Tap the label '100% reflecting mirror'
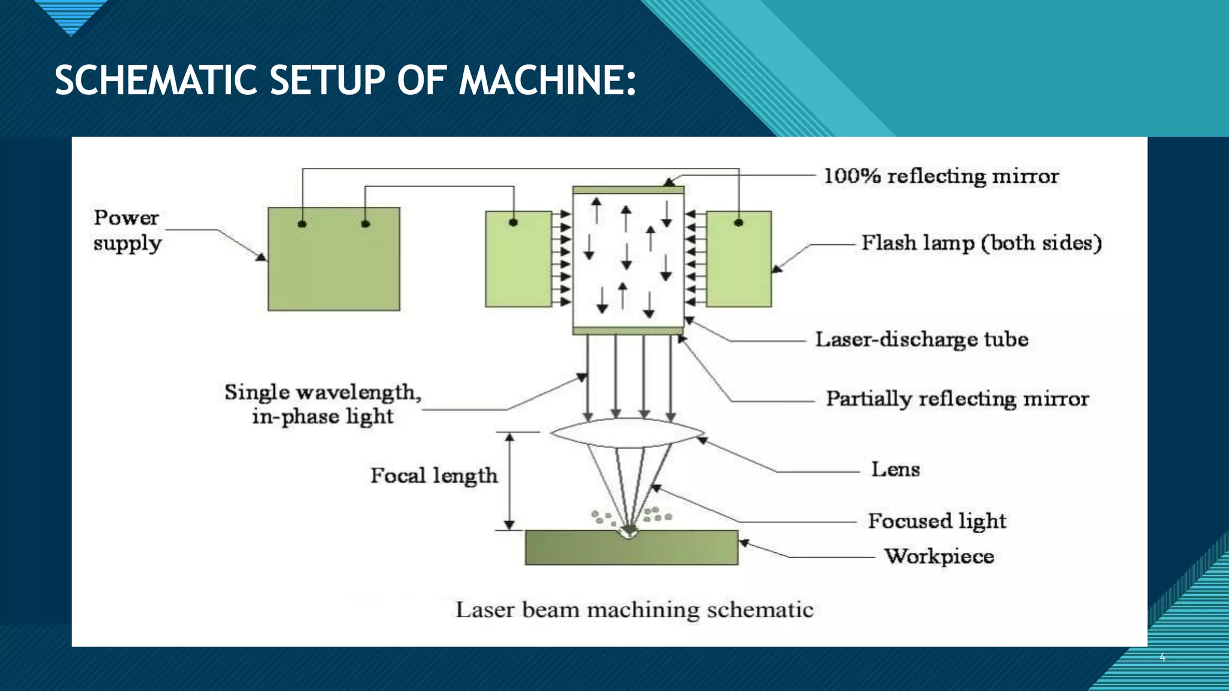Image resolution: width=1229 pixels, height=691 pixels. click(940, 176)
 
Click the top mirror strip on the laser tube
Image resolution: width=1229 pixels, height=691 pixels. click(628, 190)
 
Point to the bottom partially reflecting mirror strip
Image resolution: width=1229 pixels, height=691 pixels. click(628, 331)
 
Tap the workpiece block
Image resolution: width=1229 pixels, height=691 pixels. click(631, 548)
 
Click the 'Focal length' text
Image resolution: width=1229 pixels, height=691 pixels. click(434, 476)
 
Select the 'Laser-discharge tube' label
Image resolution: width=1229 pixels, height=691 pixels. click(921, 340)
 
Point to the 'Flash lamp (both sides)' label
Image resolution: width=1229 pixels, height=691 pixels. click(981, 243)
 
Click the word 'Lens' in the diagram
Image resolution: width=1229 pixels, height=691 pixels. click(895, 469)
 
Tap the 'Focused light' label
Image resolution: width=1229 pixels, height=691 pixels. click(936, 521)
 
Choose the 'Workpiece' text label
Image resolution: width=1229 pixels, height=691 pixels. click(939, 556)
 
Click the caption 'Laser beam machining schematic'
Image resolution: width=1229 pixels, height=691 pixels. click(634, 610)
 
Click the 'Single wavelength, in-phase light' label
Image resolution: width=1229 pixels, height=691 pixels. click(323, 404)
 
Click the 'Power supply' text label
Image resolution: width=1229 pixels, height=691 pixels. click(127, 230)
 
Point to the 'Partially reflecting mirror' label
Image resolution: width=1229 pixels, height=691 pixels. click(957, 399)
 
